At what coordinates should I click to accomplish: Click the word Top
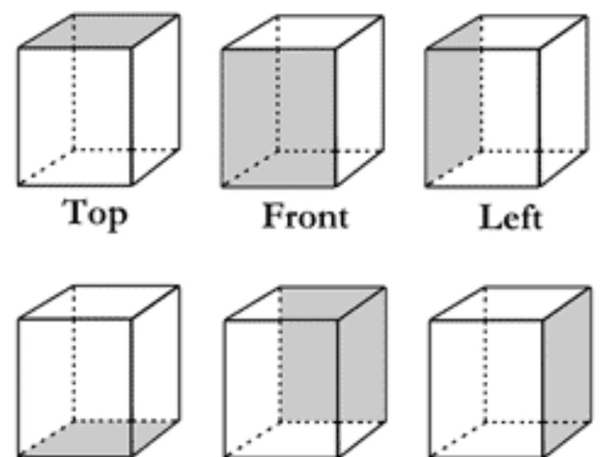pos(96,214)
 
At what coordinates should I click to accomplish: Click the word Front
pos(306,216)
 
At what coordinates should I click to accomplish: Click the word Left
pos(510,217)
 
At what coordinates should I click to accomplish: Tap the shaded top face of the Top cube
pos(99,32)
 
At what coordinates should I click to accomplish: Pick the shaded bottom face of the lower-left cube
pos(99,438)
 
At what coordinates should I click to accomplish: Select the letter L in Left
pos(490,217)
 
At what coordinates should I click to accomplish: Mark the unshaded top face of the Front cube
pos(303,33)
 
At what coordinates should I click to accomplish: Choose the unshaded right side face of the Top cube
pos(155,100)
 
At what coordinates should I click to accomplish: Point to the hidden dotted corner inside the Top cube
pos(73,149)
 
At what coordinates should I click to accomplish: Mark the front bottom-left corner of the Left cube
pos(426,186)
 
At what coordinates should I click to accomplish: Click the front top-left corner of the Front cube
pos(222,49)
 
